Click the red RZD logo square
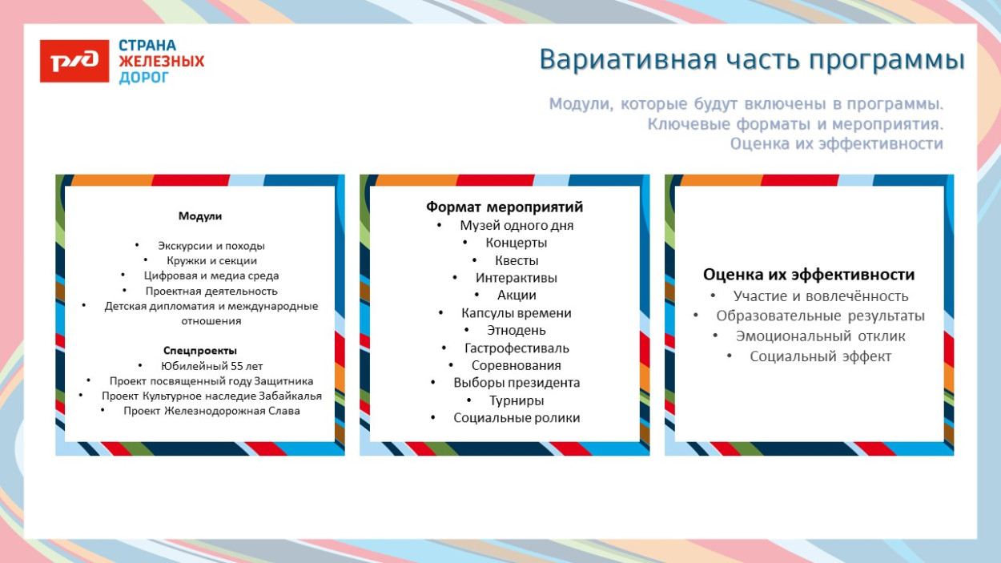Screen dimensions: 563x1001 click(x=74, y=61)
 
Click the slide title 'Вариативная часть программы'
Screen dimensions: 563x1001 click(x=751, y=60)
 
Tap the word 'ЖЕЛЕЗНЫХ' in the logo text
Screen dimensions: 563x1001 click(x=161, y=61)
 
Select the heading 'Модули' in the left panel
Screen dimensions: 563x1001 click(x=199, y=216)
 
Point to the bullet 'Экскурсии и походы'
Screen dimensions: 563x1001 click(x=211, y=246)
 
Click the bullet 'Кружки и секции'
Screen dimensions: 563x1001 click(x=211, y=260)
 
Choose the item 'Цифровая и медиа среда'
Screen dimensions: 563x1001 click(x=211, y=275)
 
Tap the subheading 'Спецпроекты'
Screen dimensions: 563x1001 click(x=200, y=351)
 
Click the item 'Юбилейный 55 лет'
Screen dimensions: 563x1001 click(x=211, y=366)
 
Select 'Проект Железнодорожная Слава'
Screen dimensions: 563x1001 click(x=211, y=411)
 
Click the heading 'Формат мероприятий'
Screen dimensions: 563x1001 click(x=505, y=207)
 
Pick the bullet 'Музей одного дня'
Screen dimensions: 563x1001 click(x=517, y=226)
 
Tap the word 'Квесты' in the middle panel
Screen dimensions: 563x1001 click(x=517, y=260)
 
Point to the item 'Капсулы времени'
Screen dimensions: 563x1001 click(x=517, y=313)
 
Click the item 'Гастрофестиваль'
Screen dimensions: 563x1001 click(x=517, y=348)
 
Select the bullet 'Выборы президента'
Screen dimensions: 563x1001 click(x=517, y=383)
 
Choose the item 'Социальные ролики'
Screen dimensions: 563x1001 click(x=517, y=418)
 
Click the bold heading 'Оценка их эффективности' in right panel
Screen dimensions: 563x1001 click(x=809, y=275)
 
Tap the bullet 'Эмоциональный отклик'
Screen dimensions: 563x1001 click(x=820, y=336)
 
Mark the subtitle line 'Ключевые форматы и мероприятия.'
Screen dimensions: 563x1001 click(x=795, y=124)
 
